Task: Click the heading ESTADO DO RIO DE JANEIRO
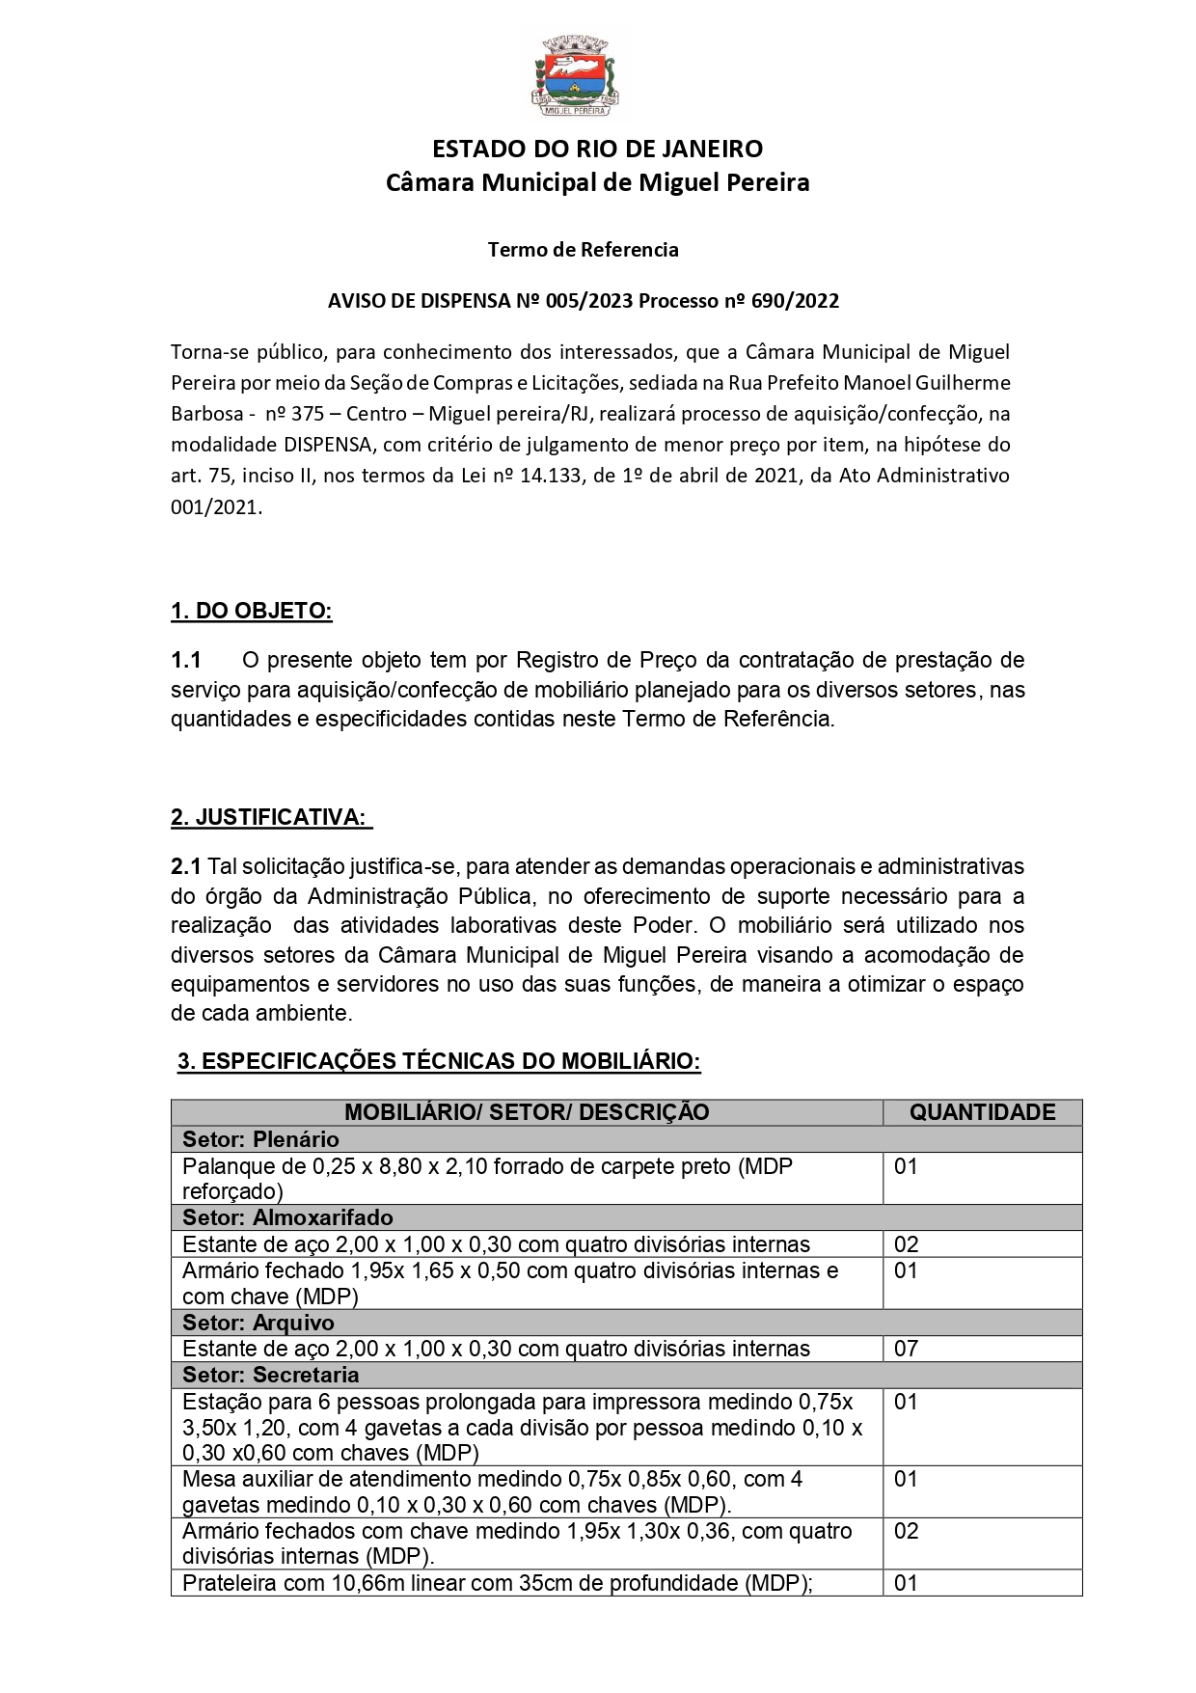coord(597,149)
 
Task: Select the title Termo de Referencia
coord(583,250)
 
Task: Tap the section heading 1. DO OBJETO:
coord(251,611)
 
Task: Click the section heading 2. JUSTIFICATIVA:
coord(269,817)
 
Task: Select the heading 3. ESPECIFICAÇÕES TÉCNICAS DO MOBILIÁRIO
coord(439,1061)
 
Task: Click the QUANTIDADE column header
coord(982,1112)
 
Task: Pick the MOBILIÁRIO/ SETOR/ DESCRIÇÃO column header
coord(527,1112)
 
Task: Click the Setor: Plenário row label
coord(260,1139)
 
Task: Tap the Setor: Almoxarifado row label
coord(287,1217)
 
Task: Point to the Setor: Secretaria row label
coord(270,1375)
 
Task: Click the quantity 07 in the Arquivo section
coord(906,1349)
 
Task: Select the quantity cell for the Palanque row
coord(906,1166)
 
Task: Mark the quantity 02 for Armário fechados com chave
coord(906,1531)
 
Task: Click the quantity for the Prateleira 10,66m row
coord(906,1583)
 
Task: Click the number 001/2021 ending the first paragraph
coord(215,506)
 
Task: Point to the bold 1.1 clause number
coord(186,660)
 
